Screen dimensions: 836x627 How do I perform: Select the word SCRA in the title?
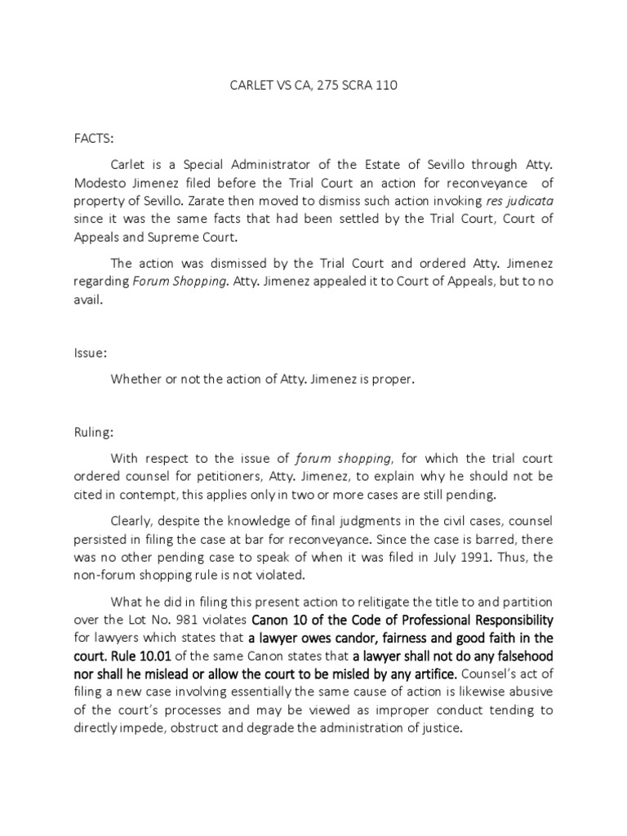346,85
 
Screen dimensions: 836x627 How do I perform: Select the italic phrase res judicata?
519,201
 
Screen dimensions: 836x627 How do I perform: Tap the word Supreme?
198,237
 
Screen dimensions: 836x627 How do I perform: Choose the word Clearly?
136,520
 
